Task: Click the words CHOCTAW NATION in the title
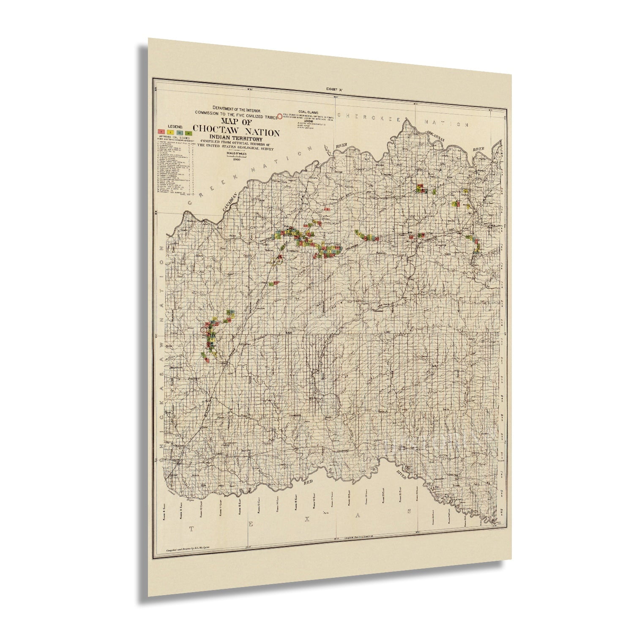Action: click(x=236, y=132)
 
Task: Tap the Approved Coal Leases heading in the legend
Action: click(x=173, y=137)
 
